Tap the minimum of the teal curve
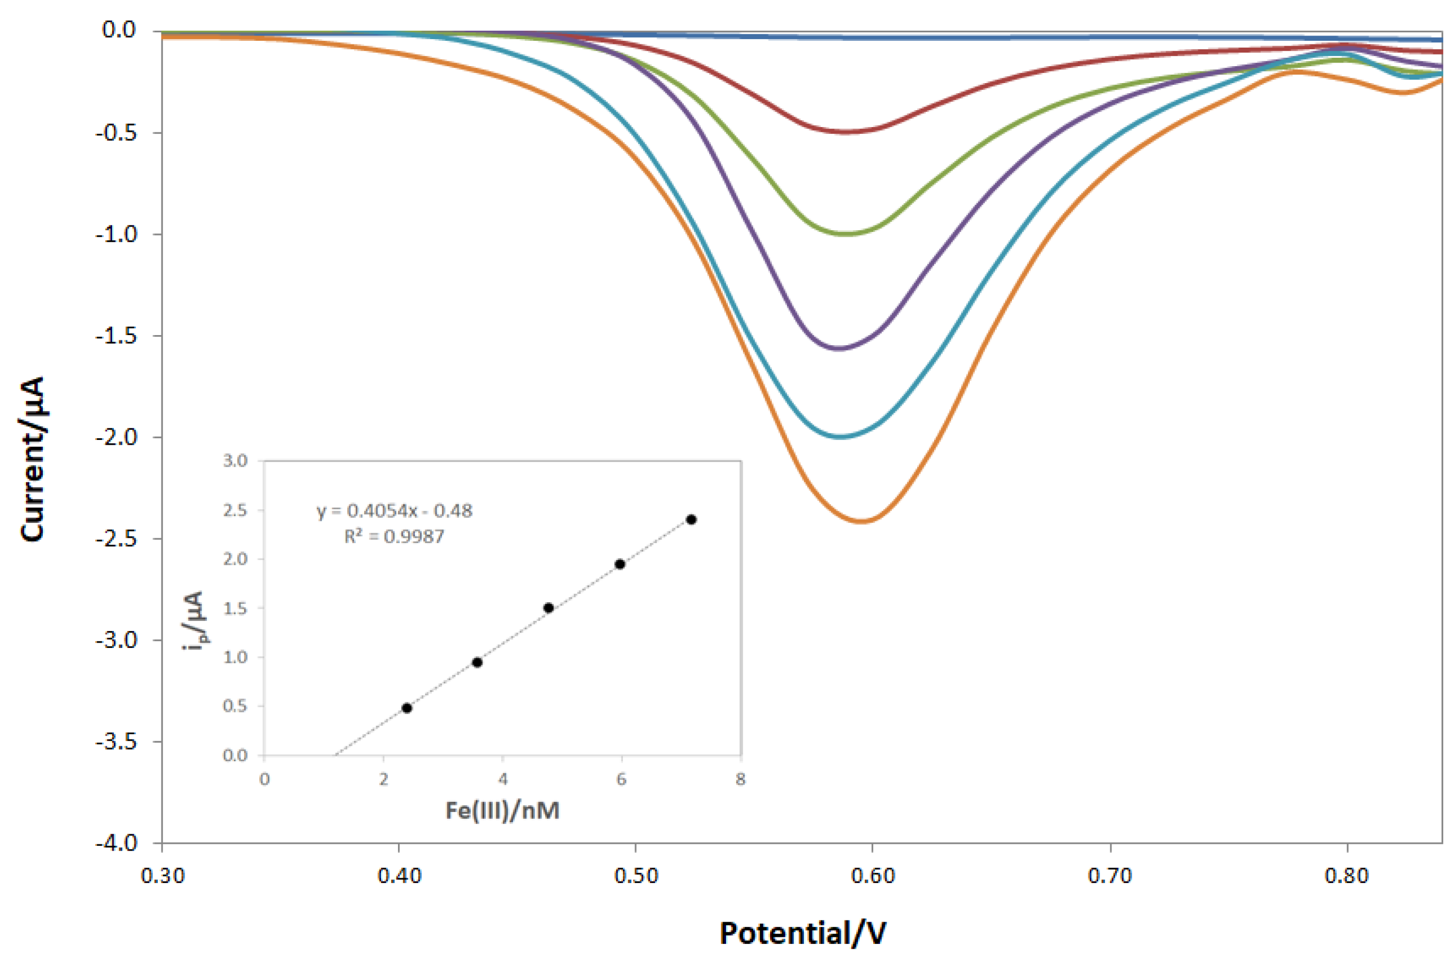841,437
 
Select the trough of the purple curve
840,349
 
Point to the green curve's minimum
848,234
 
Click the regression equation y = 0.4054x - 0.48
394,511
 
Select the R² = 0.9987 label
394,537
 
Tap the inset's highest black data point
691,519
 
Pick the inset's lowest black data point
407,708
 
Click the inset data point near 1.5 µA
548,608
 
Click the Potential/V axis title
802,933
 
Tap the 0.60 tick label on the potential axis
873,875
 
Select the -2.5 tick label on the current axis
116,538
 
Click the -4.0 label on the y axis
116,843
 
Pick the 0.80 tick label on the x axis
1346,875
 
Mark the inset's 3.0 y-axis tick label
235,461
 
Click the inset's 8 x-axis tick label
740,779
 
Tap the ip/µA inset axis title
196,621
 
